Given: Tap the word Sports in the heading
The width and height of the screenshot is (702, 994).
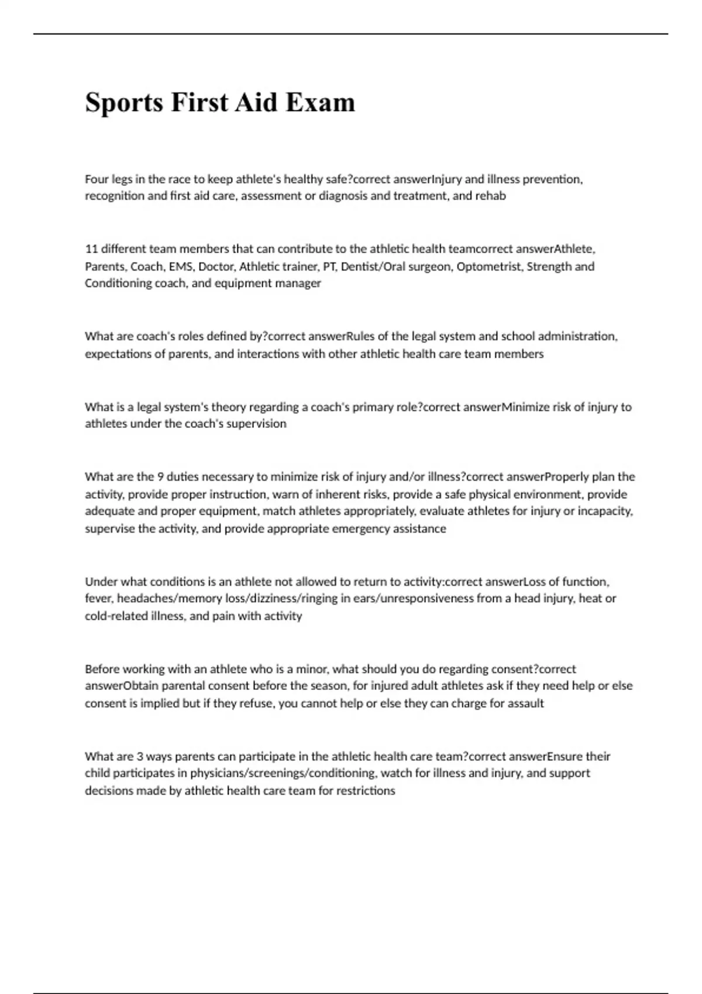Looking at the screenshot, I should (124, 102).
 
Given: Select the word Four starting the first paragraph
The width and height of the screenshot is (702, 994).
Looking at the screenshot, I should (96, 179).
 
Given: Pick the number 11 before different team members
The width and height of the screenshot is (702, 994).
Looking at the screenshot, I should (91, 249).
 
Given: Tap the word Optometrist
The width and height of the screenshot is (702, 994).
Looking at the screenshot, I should (488, 267).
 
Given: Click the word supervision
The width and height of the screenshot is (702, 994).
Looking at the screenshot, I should (257, 424).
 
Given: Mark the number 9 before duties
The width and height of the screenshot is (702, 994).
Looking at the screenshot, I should (161, 477).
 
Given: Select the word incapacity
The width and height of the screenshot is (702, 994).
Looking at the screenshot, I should (605, 511).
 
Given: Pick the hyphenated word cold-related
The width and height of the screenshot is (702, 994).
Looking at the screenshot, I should (116, 616).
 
